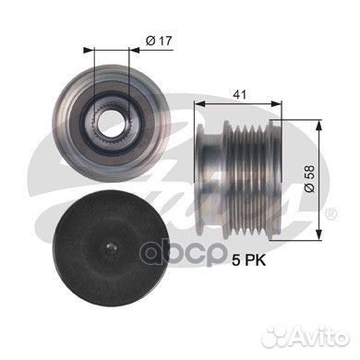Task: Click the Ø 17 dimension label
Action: click(x=159, y=41)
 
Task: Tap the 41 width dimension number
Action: click(x=240, y=95)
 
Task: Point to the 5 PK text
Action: click(x=249, y=261)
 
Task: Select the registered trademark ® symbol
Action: click(x=331, y=213)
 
